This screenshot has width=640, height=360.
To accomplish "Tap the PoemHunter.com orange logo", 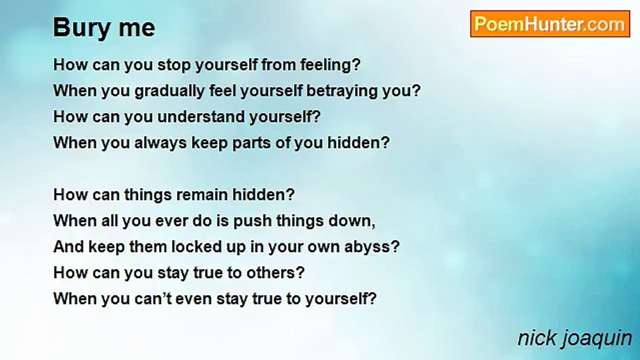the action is click(x=550, y=24).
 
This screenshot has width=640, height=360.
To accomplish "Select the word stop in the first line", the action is click(x=174, y=65).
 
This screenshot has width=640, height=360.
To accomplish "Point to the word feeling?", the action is click(x=330, y=64).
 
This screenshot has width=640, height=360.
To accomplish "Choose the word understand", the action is click(x=201, y=116).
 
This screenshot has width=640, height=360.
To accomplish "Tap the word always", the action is click(x=160, y=143).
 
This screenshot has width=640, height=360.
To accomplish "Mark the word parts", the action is click(x=251, y=143).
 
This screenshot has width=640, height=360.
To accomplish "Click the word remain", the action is click(x=201, y=195).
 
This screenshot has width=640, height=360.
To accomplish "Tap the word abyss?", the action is click(x=371, y=247).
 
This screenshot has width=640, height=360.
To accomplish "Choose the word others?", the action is click(x=275, y=273).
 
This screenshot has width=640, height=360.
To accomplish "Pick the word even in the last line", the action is click(x=193, y=299).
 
